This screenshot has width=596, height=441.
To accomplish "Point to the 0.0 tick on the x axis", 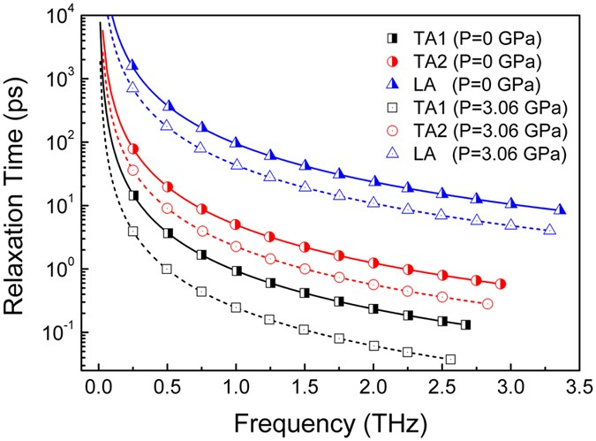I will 98,386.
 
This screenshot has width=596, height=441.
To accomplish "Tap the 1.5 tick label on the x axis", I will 305,386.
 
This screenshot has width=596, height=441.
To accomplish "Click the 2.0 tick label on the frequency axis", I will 373,386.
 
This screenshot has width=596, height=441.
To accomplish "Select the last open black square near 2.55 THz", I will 450,359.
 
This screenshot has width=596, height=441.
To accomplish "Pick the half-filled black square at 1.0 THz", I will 236,270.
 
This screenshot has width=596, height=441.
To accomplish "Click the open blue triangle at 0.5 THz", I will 166,126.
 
